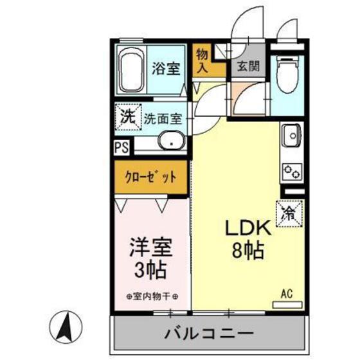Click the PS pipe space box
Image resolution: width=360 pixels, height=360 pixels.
point(121,147)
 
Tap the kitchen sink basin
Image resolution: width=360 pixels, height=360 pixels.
point(291,136)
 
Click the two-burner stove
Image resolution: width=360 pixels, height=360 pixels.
point(291,172)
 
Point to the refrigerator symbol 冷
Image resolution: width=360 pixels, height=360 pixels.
point(289,213)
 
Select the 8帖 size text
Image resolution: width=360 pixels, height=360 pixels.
point(244,251)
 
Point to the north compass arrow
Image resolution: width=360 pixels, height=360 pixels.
point(65,328)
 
